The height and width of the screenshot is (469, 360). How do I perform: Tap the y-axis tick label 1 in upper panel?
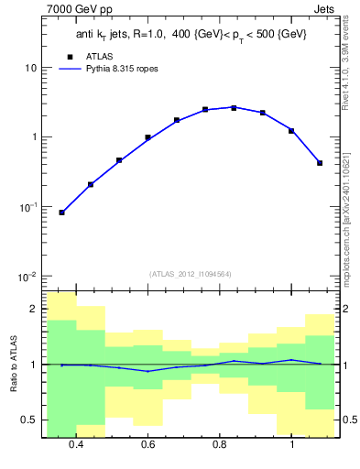coord(33,137)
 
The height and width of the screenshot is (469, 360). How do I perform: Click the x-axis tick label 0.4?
coord(76,445)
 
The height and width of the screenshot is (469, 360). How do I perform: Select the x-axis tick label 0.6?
coord(147,445)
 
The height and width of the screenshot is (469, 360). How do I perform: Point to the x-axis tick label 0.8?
coord(220,445)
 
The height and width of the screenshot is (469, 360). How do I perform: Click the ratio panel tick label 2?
coord(33,310)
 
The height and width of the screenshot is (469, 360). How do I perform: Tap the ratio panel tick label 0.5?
coord(29,420)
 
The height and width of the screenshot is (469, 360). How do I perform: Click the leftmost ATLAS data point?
coord(61,213)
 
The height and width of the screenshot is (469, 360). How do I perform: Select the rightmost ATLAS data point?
coord(320,163)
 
